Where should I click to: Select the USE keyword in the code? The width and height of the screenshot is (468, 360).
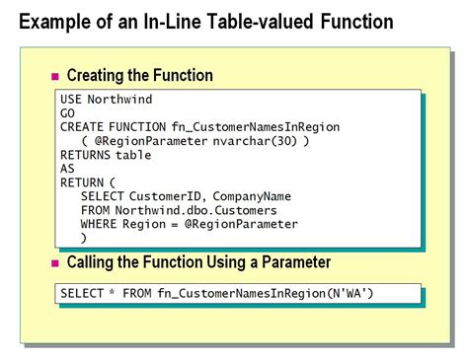tap(72, 100)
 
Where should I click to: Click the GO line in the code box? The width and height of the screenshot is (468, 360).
tap(68, 113)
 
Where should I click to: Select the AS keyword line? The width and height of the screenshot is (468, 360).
tap(67, 169)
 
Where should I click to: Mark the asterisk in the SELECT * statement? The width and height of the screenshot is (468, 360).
tap(117, 294)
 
